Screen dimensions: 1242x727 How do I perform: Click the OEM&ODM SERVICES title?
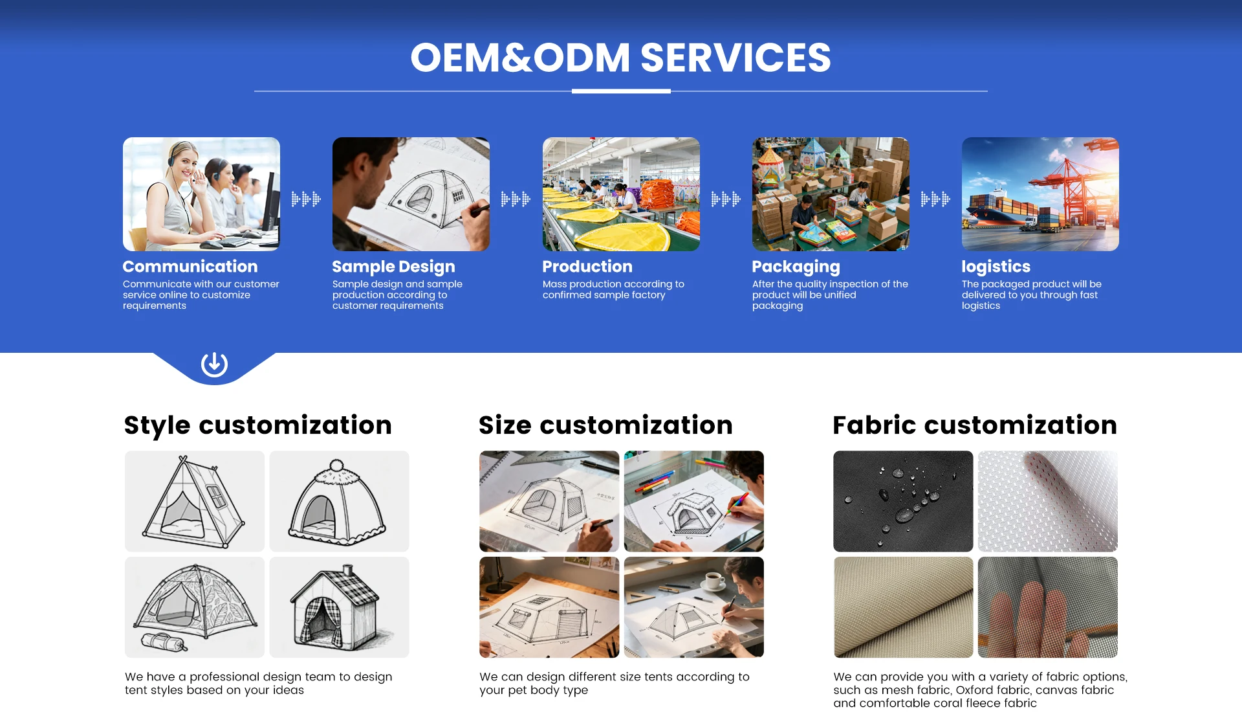[620, 57]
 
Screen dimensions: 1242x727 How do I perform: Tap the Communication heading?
[190, 266]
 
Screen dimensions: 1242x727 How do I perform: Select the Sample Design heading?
[393, 267]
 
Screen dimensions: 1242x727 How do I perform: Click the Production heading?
[587, 266]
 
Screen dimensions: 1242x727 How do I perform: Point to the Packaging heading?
[796, 267]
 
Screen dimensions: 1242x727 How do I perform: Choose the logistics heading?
[996, 267]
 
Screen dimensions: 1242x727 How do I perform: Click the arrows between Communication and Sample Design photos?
[306, 199]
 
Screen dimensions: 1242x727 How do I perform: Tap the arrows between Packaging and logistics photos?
[935, 199]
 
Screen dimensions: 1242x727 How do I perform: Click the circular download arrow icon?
[214, 364]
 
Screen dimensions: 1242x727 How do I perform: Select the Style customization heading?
[258, 425]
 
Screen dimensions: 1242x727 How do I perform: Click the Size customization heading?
[605, 425]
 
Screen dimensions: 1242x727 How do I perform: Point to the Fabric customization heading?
[975, 425]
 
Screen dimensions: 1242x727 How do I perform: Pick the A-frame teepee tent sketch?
[194, 501]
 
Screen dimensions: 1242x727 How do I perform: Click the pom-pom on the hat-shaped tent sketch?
[336, 465]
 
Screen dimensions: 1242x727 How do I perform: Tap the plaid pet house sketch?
[339, 607]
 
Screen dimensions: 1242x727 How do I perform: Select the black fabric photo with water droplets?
[903, 501]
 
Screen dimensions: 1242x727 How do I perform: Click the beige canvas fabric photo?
[903, 607]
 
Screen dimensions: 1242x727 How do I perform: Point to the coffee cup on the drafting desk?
[714, 581]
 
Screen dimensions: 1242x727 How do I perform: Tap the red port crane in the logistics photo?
[1071, 188]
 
